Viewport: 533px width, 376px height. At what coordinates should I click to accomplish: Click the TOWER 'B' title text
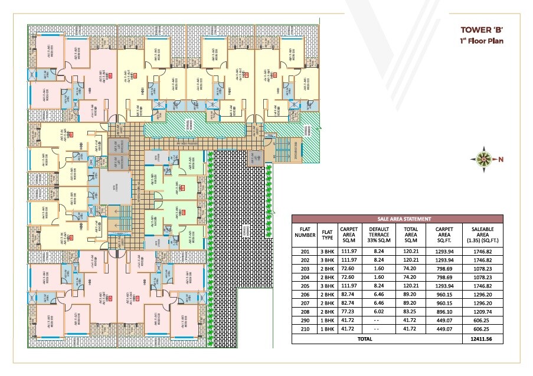coord(482,30)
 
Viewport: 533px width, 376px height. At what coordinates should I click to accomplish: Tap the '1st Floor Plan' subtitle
coord(480,42)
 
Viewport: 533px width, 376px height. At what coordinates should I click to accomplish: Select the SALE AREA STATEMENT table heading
coord(398,218)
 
